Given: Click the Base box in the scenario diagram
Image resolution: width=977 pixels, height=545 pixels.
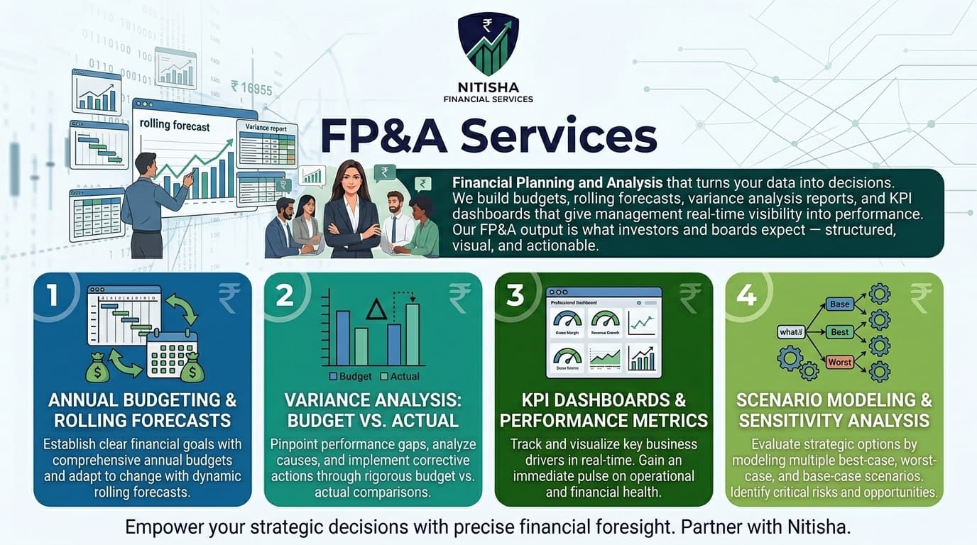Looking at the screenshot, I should tap(839, 304).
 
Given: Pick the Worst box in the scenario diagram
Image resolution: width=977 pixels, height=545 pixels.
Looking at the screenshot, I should tap(839, 362).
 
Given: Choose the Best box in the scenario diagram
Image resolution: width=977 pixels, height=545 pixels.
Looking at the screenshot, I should tap(839, 332).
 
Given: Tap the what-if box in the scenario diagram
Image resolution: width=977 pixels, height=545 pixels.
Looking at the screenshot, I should tap(790, 331).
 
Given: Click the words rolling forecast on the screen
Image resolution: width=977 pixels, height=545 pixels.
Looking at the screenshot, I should tap(175, 126).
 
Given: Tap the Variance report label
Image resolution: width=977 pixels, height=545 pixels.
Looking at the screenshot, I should tap(266, 128).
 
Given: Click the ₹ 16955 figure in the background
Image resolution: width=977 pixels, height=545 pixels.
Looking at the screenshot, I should tap(251, 88).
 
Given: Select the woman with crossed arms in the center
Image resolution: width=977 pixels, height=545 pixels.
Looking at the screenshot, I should tap(352, 209).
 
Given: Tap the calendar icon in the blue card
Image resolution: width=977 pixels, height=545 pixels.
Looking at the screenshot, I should tap(171, 353).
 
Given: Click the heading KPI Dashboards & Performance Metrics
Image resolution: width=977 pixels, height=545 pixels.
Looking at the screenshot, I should tap(604, 409).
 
